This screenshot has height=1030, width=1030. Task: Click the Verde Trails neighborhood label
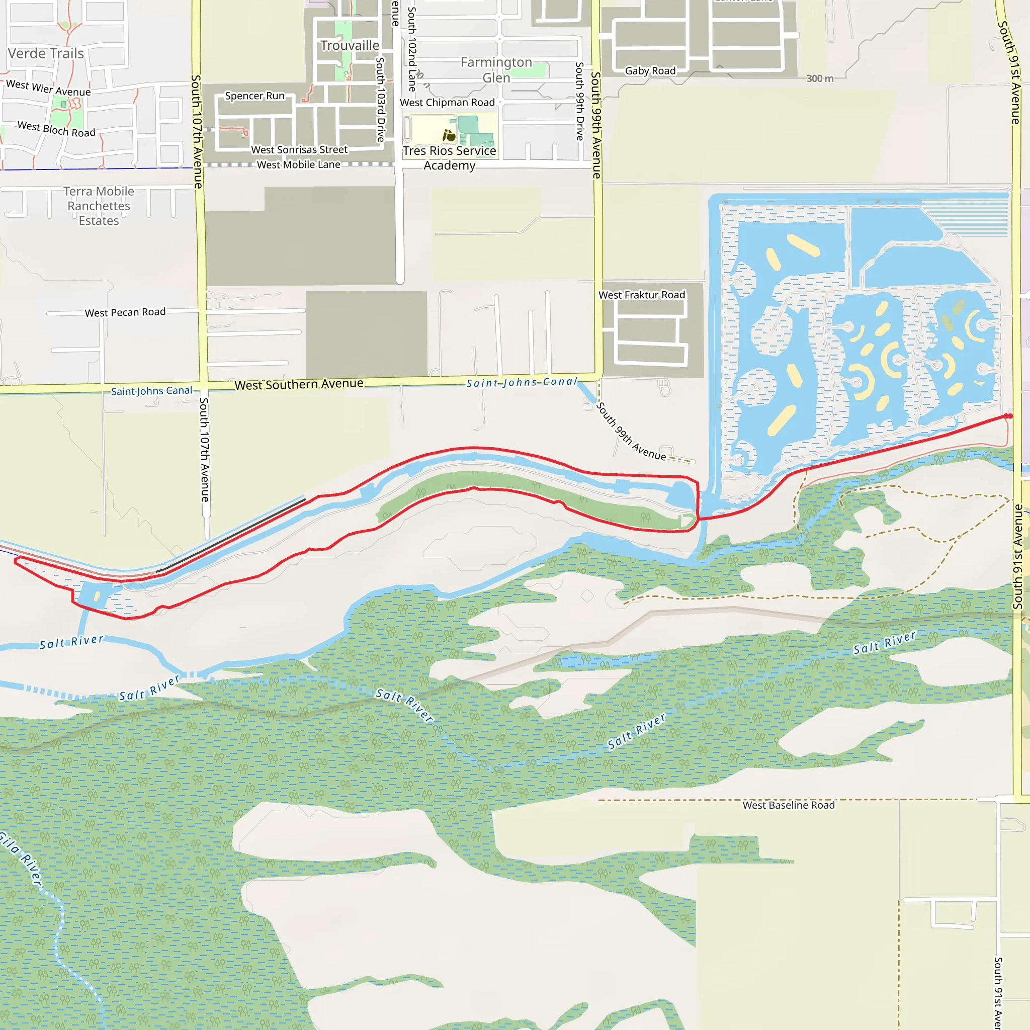(46, 54)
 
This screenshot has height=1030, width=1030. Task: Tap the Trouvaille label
(350, 46)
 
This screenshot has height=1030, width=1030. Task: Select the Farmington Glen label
(496, 70)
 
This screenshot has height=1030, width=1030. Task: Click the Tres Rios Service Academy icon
(449, 135)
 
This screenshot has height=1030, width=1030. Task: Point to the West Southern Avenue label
(299, 384)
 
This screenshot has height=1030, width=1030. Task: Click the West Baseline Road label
(789, 805)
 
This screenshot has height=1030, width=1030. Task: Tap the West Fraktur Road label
(641, 295)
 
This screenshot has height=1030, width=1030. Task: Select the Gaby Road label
(650, 71)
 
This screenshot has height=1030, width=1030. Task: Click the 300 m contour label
(819, 78)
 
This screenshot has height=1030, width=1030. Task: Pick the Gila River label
(21, 858)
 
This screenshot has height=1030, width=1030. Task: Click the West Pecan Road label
(125, 312)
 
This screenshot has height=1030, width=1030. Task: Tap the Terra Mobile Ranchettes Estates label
(99, 206)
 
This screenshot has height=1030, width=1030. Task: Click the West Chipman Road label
(447, 103)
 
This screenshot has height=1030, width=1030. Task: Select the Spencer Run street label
(254, 96)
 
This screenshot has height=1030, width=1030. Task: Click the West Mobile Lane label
(299, 165)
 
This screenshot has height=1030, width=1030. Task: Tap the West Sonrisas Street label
(299, 150)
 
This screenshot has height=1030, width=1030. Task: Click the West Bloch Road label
(56, 130)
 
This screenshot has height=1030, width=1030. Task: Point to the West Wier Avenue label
(48, 88)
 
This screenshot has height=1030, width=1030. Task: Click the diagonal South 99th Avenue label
(631, 432)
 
